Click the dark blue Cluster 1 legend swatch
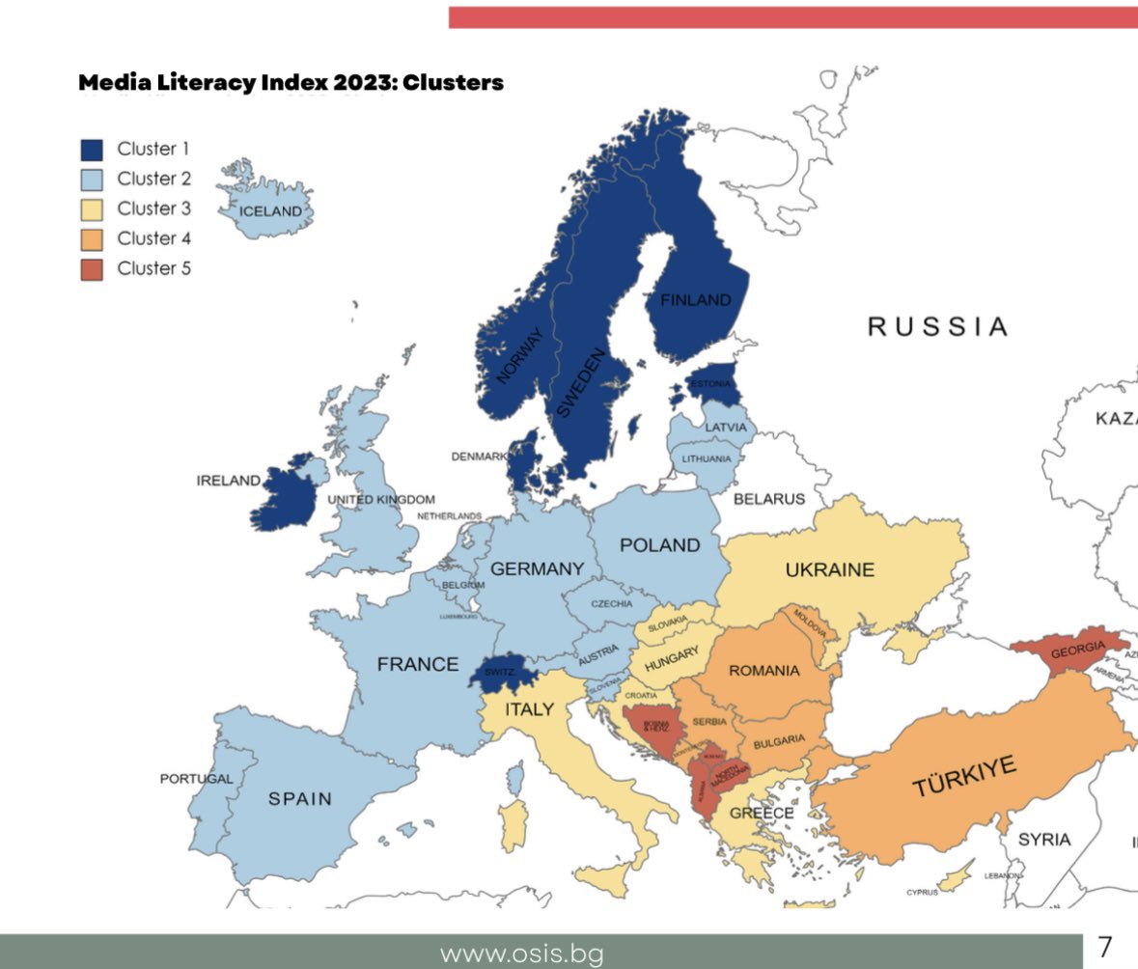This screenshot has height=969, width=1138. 92,150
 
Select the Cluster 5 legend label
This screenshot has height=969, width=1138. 153,268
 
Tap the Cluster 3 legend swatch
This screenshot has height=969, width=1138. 92,209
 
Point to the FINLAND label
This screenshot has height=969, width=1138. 695,300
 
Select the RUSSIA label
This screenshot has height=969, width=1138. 937,326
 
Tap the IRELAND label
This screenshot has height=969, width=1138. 229,481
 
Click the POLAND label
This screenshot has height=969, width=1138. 659,545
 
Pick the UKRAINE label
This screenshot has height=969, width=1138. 829,569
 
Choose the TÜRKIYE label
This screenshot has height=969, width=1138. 964,778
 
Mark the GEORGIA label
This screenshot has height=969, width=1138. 1077,651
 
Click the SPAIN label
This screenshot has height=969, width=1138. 299,799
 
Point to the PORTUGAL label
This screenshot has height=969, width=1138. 197,779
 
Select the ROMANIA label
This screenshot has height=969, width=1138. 763,670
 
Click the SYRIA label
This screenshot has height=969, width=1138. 1043,840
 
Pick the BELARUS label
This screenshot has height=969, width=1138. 768,499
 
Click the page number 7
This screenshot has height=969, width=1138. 1105,946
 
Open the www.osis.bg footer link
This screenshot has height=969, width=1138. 521,955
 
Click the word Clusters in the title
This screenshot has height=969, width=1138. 453,83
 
